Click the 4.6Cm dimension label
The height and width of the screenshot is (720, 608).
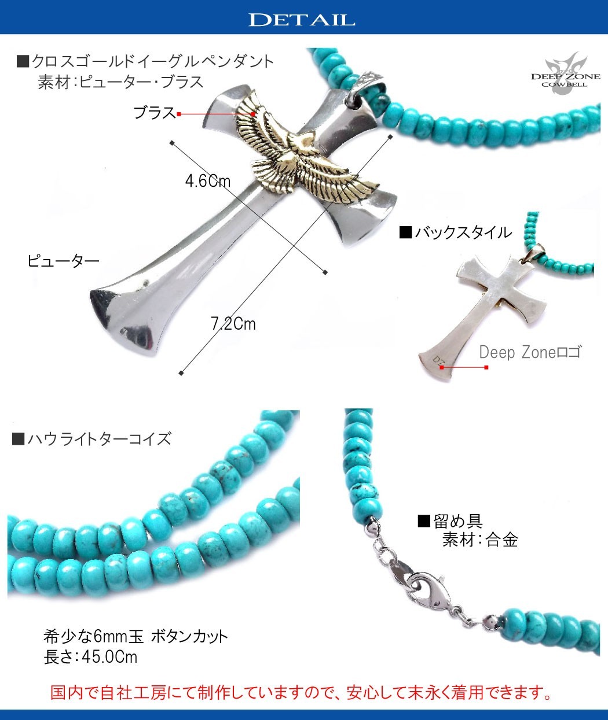[207, 181]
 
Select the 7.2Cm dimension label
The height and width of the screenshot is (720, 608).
[233, 323]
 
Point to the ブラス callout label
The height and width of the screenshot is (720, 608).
[154, 113]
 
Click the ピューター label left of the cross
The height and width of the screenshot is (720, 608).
[63, 261]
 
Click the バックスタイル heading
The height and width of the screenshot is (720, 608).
[456, 232]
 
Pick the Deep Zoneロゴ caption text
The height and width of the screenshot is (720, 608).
[529, 352]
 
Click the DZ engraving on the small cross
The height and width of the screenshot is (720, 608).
[439, 360]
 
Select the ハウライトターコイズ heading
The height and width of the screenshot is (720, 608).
[91, 438]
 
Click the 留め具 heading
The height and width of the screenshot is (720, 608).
[450, 521]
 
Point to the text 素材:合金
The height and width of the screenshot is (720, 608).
[479, 540]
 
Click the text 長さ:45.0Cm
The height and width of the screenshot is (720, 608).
[90, 657]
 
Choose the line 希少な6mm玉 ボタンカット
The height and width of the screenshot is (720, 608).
[135, 637]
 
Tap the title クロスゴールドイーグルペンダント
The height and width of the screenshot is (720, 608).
[145, 61]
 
